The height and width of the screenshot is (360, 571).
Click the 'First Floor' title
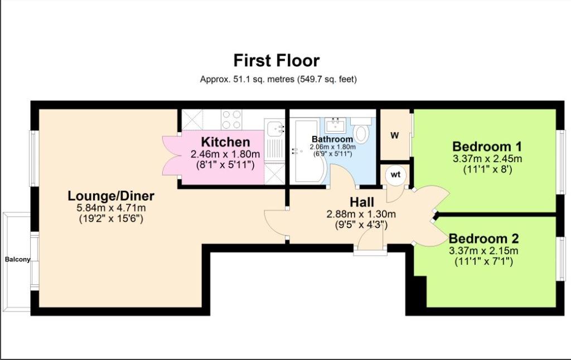277,60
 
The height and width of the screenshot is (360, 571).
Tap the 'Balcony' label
17,260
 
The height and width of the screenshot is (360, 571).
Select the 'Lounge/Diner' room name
111,196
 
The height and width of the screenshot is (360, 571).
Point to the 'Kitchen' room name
225,142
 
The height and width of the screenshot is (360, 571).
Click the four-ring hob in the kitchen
231,119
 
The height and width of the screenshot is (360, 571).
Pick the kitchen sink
274,128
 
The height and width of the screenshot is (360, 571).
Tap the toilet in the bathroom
361,130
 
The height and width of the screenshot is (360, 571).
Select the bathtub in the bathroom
308,150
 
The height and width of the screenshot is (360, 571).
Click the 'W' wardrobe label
395,135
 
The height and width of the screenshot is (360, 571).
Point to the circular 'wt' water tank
395,175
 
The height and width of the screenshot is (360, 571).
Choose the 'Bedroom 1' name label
487,147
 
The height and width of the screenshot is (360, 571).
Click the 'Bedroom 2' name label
483,239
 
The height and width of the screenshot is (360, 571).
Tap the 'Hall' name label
361,202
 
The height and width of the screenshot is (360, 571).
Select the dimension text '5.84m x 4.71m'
111,208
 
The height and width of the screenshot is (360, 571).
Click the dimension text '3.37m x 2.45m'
487,159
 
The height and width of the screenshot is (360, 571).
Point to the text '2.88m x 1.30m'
361,214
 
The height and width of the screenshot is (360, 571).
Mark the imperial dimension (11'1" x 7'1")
483,261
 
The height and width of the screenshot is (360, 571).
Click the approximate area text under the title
279,79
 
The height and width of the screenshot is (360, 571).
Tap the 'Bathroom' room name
332,139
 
